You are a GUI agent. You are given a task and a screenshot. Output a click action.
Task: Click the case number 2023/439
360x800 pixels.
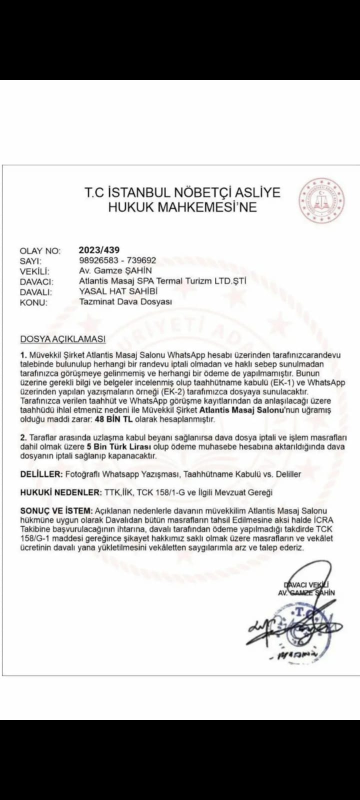99,250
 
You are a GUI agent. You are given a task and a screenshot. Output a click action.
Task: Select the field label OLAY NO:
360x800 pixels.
40,251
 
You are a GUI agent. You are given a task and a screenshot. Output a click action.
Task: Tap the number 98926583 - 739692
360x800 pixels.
117,260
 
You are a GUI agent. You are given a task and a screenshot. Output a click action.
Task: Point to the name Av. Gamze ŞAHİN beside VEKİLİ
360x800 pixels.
115,270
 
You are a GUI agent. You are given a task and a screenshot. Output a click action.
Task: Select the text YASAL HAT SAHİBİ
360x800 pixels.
118,291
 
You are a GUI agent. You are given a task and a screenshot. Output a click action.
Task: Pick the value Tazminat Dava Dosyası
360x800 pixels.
125,302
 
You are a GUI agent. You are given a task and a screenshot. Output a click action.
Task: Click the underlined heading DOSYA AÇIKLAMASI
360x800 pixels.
62,339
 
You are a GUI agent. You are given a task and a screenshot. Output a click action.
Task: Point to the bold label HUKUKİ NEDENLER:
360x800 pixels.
60,492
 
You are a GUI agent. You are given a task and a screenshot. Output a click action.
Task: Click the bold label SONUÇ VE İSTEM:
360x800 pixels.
56,511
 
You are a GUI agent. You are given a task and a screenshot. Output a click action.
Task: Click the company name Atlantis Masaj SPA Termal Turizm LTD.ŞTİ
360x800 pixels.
162,281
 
